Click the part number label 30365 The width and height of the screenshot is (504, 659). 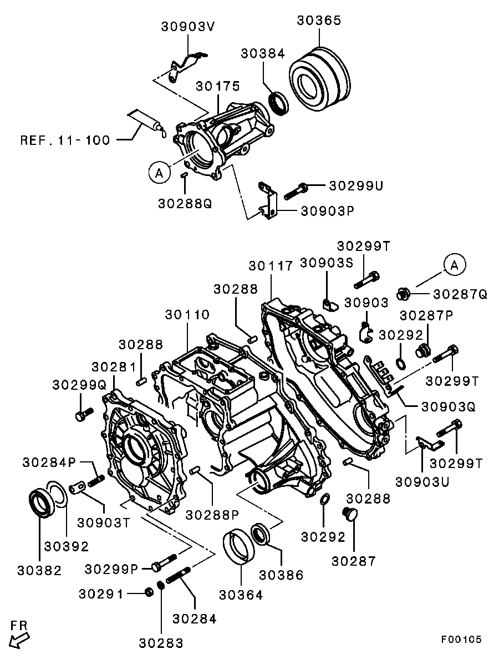coord(319,21)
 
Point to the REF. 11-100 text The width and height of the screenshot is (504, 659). coord(65,140)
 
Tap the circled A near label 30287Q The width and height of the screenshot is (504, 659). coord(454,265)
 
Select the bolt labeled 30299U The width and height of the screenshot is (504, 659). coord(296,192)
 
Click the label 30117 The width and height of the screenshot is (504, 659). coord(271,266)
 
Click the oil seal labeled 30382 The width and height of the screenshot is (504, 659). coord(42,502)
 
